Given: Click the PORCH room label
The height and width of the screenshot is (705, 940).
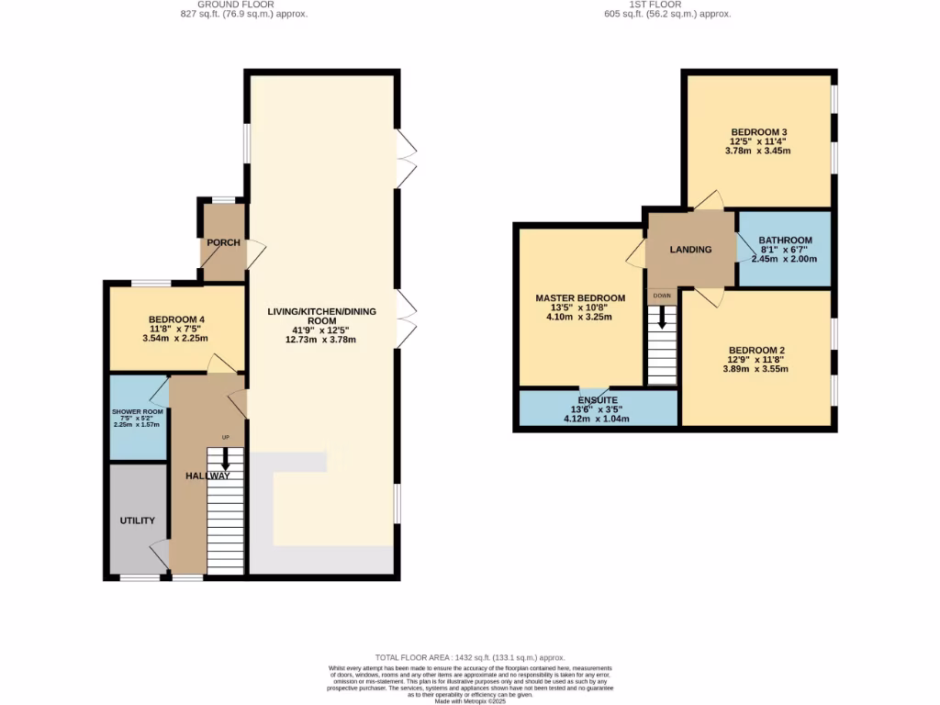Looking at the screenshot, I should pyautogui.click(x=223, y=243).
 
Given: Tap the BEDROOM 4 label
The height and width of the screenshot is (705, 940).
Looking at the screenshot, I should pyautogui.click(x=175, y=319).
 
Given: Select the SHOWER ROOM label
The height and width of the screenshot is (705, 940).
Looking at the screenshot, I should pyautogui.click(x=137, y=411).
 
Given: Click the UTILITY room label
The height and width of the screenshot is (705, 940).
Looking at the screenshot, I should pyautogui.click(x=137, y=520).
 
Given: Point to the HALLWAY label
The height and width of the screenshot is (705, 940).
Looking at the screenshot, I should pyautogui.click(x=207, y=476).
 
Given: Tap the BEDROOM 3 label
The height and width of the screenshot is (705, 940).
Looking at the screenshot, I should pyautogui.click(x=758, y=132).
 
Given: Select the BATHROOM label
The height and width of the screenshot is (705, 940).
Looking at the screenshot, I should pyautogui.click(x=785, y=241).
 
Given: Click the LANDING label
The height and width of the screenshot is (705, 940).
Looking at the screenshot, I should pyautogui.click(x=691, y=250).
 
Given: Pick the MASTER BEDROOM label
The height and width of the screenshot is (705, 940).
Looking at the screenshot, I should pyautogui.click(x=580, y=298).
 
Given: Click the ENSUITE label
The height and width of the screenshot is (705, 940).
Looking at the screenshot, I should pyautogui.click(x=598, y=400).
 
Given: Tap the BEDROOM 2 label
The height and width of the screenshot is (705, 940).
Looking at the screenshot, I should pyautogui.click(x=756, y=350).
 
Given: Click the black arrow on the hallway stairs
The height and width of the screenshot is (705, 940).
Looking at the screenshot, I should pyautogui.click(x=225, y=465).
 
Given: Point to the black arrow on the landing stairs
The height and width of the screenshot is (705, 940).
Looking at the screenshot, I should pyautogui.click(x=661, y=319).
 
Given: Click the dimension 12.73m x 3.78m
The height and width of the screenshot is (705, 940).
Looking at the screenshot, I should pyautogui.click(x=320, y=340).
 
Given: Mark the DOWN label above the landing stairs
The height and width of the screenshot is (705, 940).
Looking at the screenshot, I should pyautogui.click(x=661, y=296).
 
